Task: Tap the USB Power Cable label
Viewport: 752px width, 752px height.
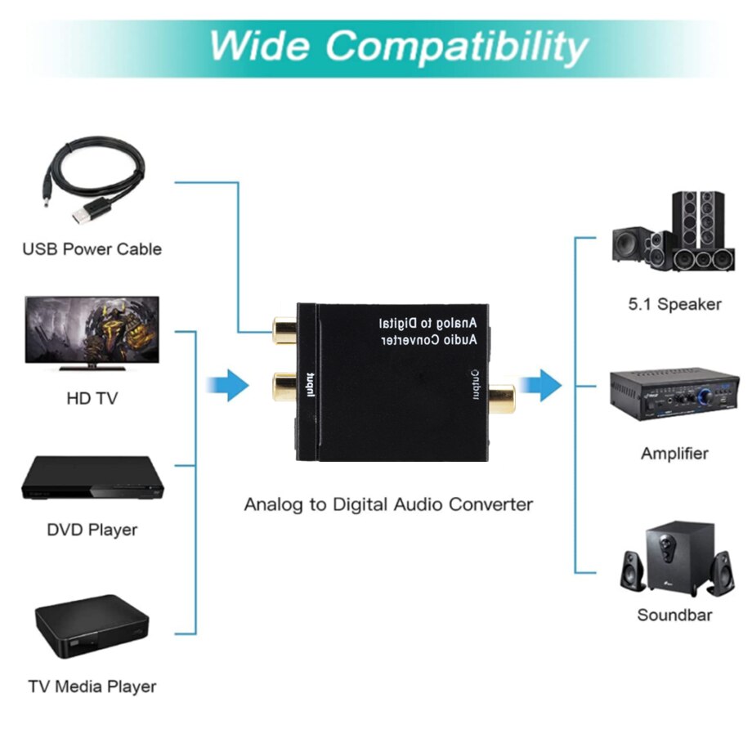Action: click(92, 249)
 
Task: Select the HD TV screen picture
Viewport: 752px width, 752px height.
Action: click(92, 332)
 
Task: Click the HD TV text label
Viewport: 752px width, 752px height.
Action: click(92, 399)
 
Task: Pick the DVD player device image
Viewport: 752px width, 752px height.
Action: click(92, 478)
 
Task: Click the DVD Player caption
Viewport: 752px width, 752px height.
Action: click(92, 530)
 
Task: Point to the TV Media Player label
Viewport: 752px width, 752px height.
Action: click(92, 686)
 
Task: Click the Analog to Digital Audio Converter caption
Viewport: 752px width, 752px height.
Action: click(388, 504)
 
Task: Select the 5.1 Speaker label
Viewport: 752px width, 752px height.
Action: click(674, 304)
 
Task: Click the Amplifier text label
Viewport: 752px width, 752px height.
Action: click(674, 454)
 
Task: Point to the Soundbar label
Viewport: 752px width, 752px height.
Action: click(674, 615)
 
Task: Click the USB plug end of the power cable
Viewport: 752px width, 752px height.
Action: click(86, 214)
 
